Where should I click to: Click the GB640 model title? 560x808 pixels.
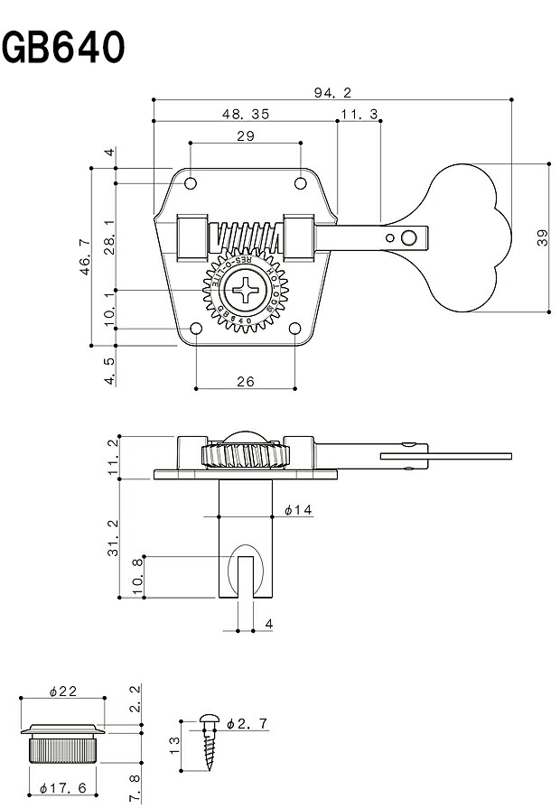pyautogui.click(x=63, y=48)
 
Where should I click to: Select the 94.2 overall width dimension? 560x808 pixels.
pyautogui.click(x=332, y=92)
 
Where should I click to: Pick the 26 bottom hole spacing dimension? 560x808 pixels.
pyautogui.click(x=245, y=381)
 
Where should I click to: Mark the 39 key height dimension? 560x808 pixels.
pyautogui.click(x=541, y=237)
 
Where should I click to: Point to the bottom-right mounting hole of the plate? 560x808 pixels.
pyautogui.click(x=294, y=330)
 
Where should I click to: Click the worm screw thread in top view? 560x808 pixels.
pyautogui.click(x=246, y=238)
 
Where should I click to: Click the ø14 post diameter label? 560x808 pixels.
pyautogui.click(x=297, y=511)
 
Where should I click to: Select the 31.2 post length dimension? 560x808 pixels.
pyautogui.click(x=112, y=537)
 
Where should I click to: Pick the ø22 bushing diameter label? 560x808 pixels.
pyautogui.click(x=62, y=691)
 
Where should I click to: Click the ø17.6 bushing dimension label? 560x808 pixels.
pyautogui.click(x=62, y=788)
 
